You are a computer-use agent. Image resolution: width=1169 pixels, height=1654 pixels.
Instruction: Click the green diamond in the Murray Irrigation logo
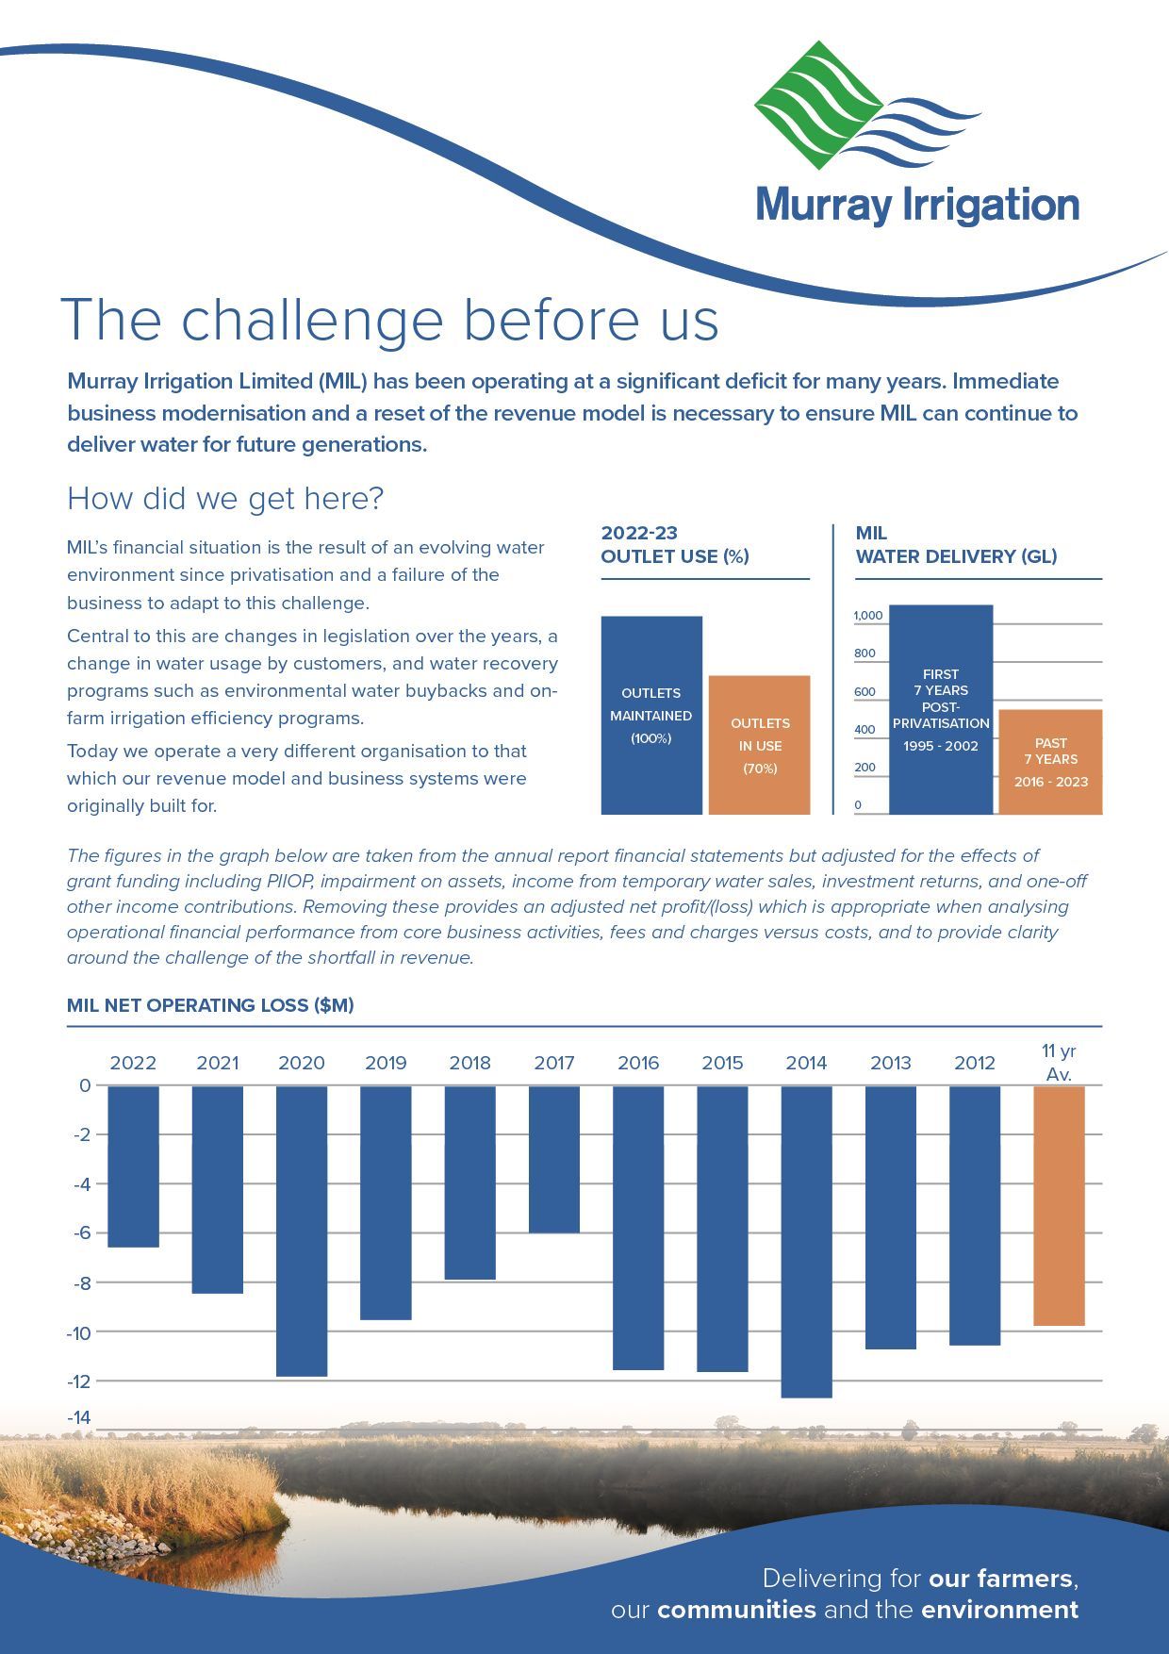pos(818,105)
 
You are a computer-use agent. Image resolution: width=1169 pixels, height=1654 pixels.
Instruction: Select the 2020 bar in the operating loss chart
pos(302,1231)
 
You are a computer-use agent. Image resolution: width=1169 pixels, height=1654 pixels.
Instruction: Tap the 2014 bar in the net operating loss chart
pos(807,1241)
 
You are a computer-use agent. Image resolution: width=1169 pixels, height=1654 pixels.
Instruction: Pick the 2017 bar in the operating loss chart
pos(554,1159)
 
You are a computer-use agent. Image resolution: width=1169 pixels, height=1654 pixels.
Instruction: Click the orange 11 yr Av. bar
pos(1059,1205)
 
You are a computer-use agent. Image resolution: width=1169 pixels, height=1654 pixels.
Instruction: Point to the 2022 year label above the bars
pos(133,1063)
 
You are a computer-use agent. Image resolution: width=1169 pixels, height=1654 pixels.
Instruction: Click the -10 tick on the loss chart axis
pos(78,1331)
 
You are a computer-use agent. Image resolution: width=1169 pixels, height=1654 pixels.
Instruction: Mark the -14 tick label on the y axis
pos(78,1417)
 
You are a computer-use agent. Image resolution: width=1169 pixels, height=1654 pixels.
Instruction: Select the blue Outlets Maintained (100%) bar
pos(651,715)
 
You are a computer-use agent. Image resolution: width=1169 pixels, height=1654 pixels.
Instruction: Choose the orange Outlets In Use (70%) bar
pos(759,745)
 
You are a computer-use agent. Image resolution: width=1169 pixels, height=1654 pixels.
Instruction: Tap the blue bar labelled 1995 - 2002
pos(941,709)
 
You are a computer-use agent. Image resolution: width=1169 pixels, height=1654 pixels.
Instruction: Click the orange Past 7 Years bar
pos(1050,762)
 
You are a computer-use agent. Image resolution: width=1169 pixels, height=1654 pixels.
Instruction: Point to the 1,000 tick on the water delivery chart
pos(868,616)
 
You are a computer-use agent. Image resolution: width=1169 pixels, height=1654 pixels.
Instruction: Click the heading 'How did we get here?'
pos(225,498)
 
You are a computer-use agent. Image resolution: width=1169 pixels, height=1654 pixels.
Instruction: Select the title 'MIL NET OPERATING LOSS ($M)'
pos(210,1005)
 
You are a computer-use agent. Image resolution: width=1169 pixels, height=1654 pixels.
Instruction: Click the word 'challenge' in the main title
pos(312,320)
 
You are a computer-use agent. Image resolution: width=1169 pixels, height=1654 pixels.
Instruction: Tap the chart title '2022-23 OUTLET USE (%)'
pos(675,545)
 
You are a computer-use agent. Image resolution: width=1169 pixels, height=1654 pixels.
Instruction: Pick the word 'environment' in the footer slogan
pos(1000,1609)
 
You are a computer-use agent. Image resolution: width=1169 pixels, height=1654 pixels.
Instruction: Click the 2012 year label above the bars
pos(975,1063)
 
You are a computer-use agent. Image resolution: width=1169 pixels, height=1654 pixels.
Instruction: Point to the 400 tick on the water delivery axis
pos(864,729)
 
